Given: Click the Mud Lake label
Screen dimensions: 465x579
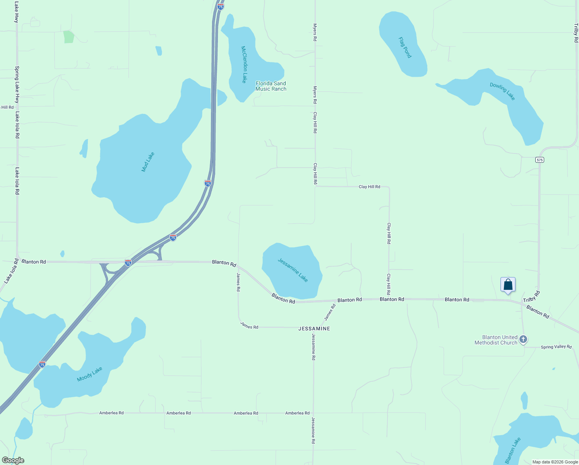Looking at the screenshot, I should [x=148, y=162].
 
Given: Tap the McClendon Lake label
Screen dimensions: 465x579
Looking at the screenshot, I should [x=244, y=64].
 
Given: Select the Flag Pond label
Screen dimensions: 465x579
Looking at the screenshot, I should [x=405, y=47].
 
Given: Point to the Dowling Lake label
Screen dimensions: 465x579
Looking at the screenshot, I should [x=502, y=91].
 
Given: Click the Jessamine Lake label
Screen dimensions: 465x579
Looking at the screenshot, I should [x=293, y=270].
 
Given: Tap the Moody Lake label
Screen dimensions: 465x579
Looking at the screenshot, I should [x=89, y=374].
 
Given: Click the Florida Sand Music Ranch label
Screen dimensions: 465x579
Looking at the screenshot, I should [x=271, y=86].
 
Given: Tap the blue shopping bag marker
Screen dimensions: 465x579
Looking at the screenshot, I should [x=508, y=285].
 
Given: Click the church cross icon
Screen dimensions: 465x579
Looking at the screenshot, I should [x=523, y=340].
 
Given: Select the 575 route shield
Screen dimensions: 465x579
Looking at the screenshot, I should [x=540, y=160].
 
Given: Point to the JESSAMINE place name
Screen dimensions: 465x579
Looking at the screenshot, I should [x=314, y=329].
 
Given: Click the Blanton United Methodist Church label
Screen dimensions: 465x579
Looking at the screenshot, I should [x=496, y=340].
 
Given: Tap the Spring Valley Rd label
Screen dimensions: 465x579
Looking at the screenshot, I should [x=556, y=347].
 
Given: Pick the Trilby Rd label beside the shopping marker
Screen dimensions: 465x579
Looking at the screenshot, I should [x=531, y=297].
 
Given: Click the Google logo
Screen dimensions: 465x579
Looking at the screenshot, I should [x=13, y=460].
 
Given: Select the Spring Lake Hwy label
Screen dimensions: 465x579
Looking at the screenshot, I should [x=17, y=84].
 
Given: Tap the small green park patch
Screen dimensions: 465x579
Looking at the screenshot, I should [x=69, y=37].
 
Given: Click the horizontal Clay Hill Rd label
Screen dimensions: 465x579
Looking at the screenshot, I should [x=369, y=187].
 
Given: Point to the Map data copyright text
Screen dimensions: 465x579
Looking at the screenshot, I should [x=555, y=462].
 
